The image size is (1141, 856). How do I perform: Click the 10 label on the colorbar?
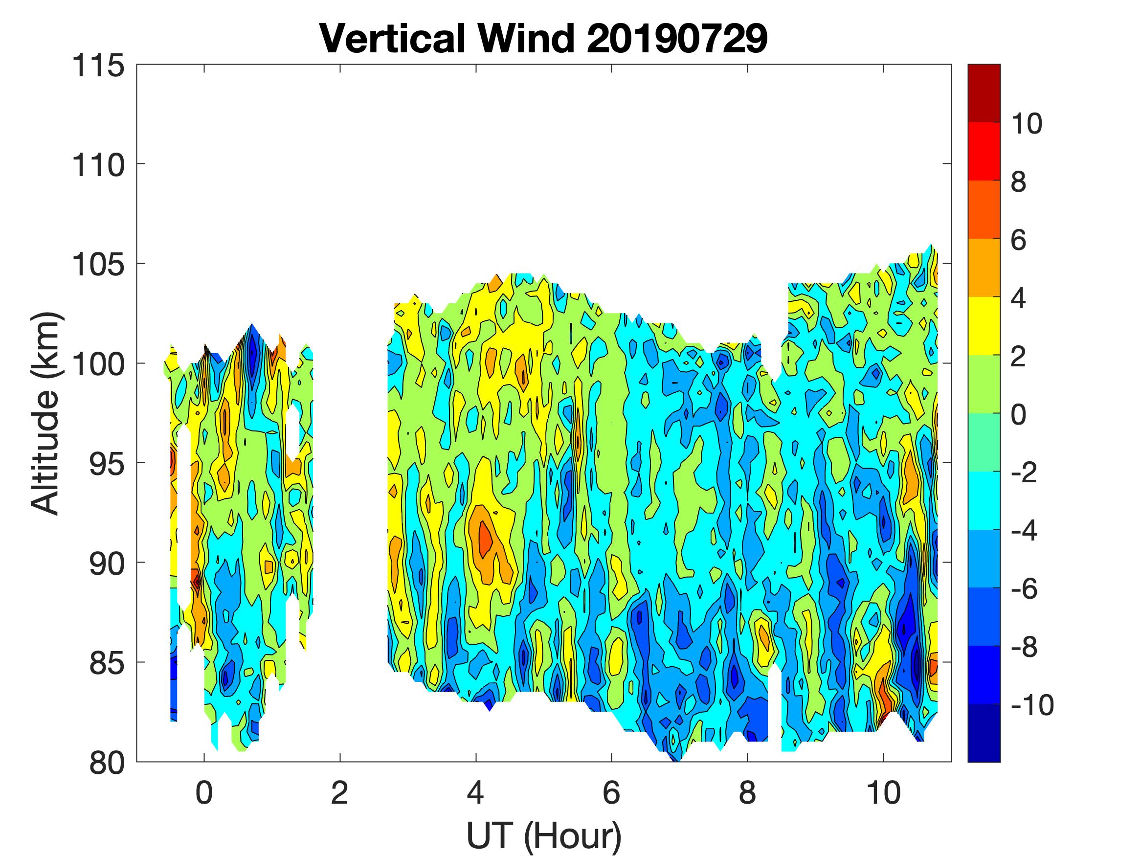(1026, 124)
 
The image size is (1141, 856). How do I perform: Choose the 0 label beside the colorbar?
(1018, 414)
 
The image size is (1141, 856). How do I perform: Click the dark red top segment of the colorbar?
(984, 93)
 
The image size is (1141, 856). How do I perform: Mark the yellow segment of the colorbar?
(984, 326)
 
